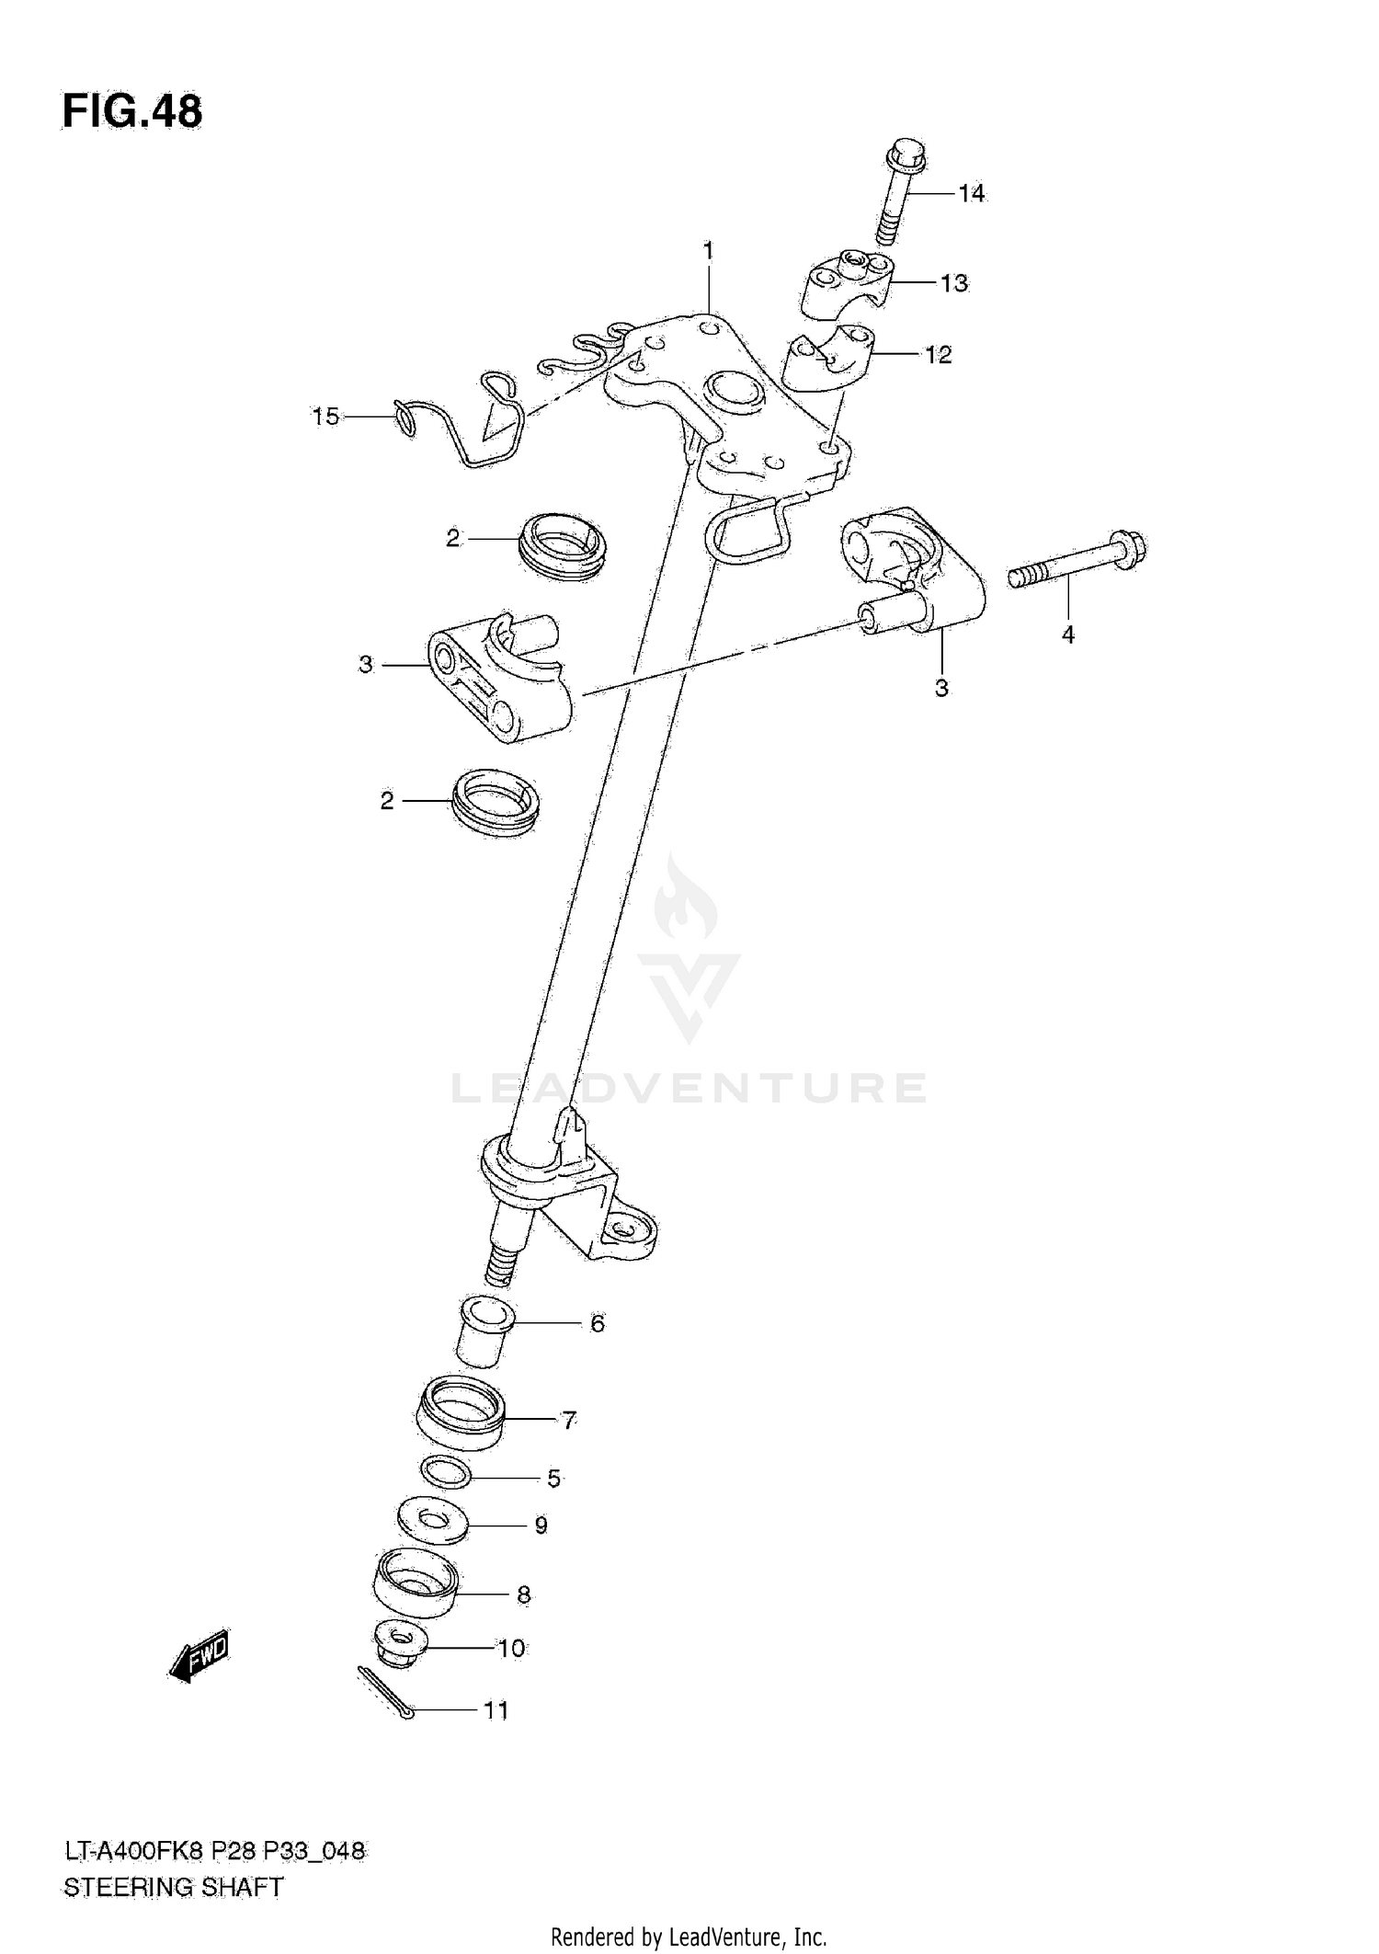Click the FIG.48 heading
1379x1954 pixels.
[x=132, y=112]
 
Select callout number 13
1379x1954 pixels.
[x=954, y=283]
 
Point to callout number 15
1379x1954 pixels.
[x=325, y=417]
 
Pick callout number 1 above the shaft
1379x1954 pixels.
[x=708, y=250]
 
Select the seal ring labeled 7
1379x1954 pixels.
[x=460, y=1417]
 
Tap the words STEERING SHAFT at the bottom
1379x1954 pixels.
[x=174, y=1887]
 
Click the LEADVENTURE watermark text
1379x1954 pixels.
[x=689, y=1088]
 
